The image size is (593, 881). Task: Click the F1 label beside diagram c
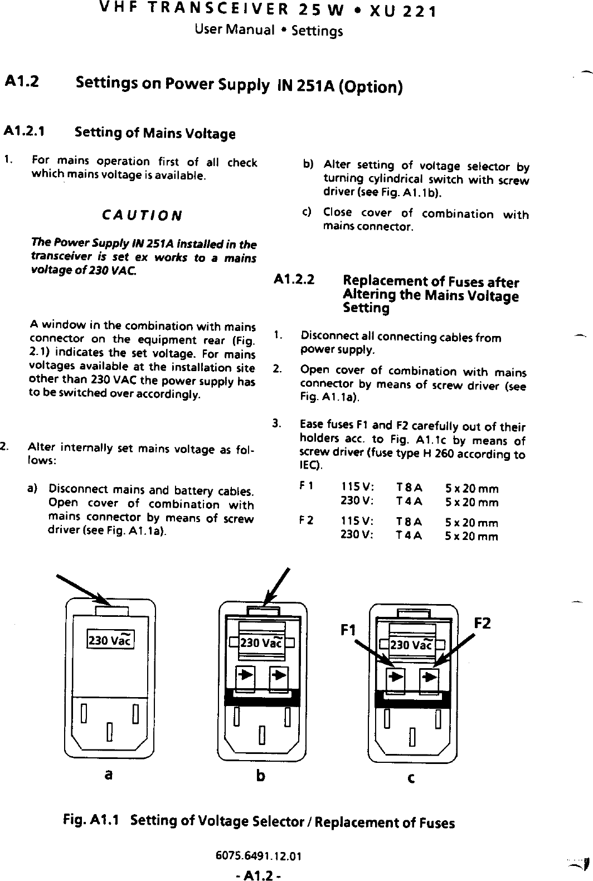[349, 631]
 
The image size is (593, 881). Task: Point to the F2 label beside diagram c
[483, 623]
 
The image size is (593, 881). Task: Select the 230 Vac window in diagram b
[261, 644]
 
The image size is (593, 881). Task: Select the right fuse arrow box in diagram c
[429, 678]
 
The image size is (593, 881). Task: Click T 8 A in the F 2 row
[409, 523]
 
